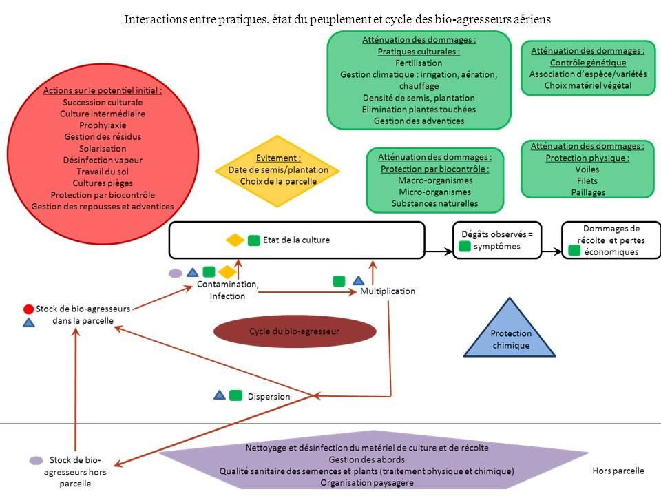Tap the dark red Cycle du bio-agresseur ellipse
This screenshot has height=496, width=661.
[295, 331]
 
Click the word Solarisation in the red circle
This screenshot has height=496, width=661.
[103, 148]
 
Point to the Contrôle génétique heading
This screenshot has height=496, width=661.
[587, 63]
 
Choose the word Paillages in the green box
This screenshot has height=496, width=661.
[588, 192]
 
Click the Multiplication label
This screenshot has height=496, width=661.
[388, 291]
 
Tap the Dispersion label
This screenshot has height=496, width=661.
[269, 397]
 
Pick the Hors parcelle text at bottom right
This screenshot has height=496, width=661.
[618, 471]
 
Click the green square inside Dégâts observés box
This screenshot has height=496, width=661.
[465, 247]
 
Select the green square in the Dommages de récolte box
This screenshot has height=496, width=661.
[574, 251]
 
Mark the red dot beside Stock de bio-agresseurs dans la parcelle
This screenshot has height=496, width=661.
[28, 309]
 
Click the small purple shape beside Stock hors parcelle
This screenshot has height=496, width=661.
[36, 460]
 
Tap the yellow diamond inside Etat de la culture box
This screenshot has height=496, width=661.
[235, 240]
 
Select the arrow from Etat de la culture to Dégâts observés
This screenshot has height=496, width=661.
[439, 253]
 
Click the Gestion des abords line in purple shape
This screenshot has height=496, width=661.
[367, 459]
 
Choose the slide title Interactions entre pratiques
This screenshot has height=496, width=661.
[337, 19]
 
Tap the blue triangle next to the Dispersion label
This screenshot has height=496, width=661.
[220, 395]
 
